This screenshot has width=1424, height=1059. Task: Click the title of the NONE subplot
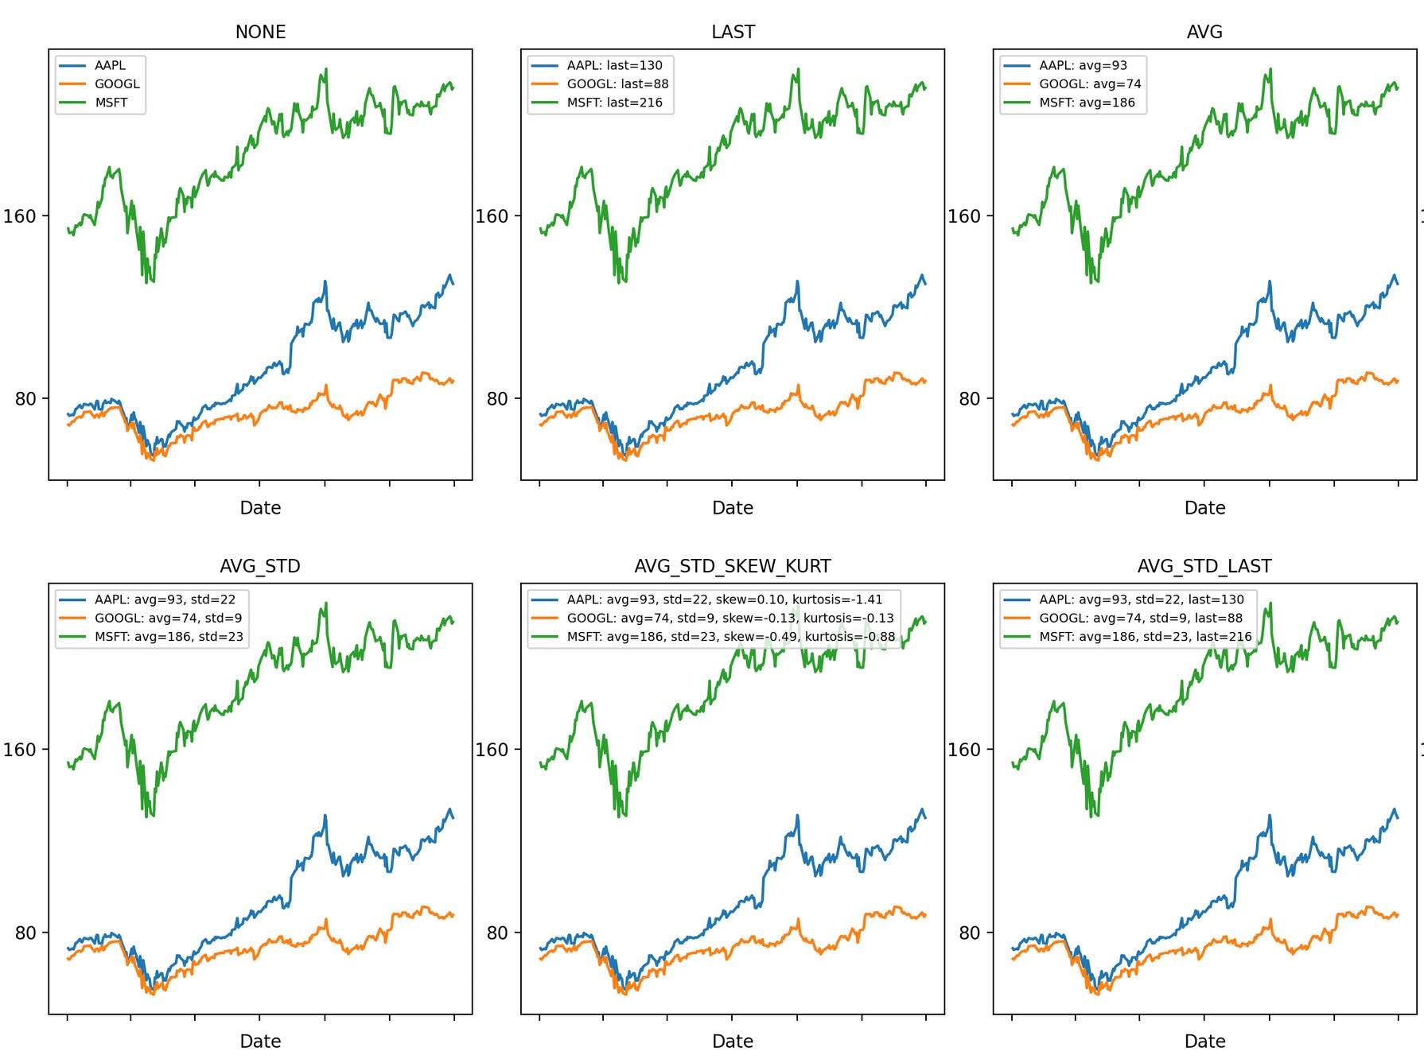(260, 32)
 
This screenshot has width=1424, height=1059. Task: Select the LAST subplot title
(733, 32)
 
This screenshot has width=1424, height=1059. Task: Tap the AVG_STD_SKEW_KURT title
(732, 566)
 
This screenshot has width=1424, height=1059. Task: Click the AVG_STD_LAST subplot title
(1204, 566)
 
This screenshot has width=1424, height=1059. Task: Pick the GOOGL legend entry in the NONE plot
(116, 83)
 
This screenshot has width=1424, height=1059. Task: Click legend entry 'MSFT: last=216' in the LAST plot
(614, 103)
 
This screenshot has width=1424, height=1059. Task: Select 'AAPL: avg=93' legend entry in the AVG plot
(1082, 65)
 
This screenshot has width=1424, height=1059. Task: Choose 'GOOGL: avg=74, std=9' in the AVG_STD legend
(168, 618)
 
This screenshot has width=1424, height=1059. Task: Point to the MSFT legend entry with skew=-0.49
(730, 637)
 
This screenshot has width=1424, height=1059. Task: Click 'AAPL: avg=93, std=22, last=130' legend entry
(1141, 599)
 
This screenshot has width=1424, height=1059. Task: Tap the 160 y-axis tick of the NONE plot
(20, 216)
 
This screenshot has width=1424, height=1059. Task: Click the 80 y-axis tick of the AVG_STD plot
(25, 933)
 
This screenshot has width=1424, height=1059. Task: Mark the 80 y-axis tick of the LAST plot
(497, 398)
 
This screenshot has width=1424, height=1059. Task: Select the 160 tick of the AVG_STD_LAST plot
(964, 750)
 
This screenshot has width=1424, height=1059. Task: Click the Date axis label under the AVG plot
(1204, 507)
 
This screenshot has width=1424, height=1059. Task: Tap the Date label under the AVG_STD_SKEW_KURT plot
(732, 1041)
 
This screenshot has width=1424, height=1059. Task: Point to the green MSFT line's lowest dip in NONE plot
(151, 281)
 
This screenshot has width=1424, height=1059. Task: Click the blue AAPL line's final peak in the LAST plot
(922, 275)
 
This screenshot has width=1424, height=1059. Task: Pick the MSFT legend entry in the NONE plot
(111, 103)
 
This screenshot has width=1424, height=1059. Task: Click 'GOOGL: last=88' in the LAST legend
(617, 83)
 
